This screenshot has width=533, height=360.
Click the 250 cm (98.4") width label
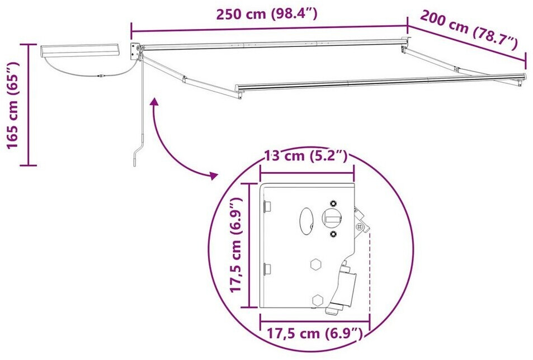267,15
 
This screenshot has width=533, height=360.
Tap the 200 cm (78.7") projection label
469,29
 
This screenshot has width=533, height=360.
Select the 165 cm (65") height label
13,105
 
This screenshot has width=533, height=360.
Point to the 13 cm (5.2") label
306,156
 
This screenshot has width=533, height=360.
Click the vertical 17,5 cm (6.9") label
235,244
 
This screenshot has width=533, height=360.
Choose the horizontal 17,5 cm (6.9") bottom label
314,333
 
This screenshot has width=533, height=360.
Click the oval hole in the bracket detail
306,221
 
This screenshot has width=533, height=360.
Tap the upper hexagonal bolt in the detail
316,264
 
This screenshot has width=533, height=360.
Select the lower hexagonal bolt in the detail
318,300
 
